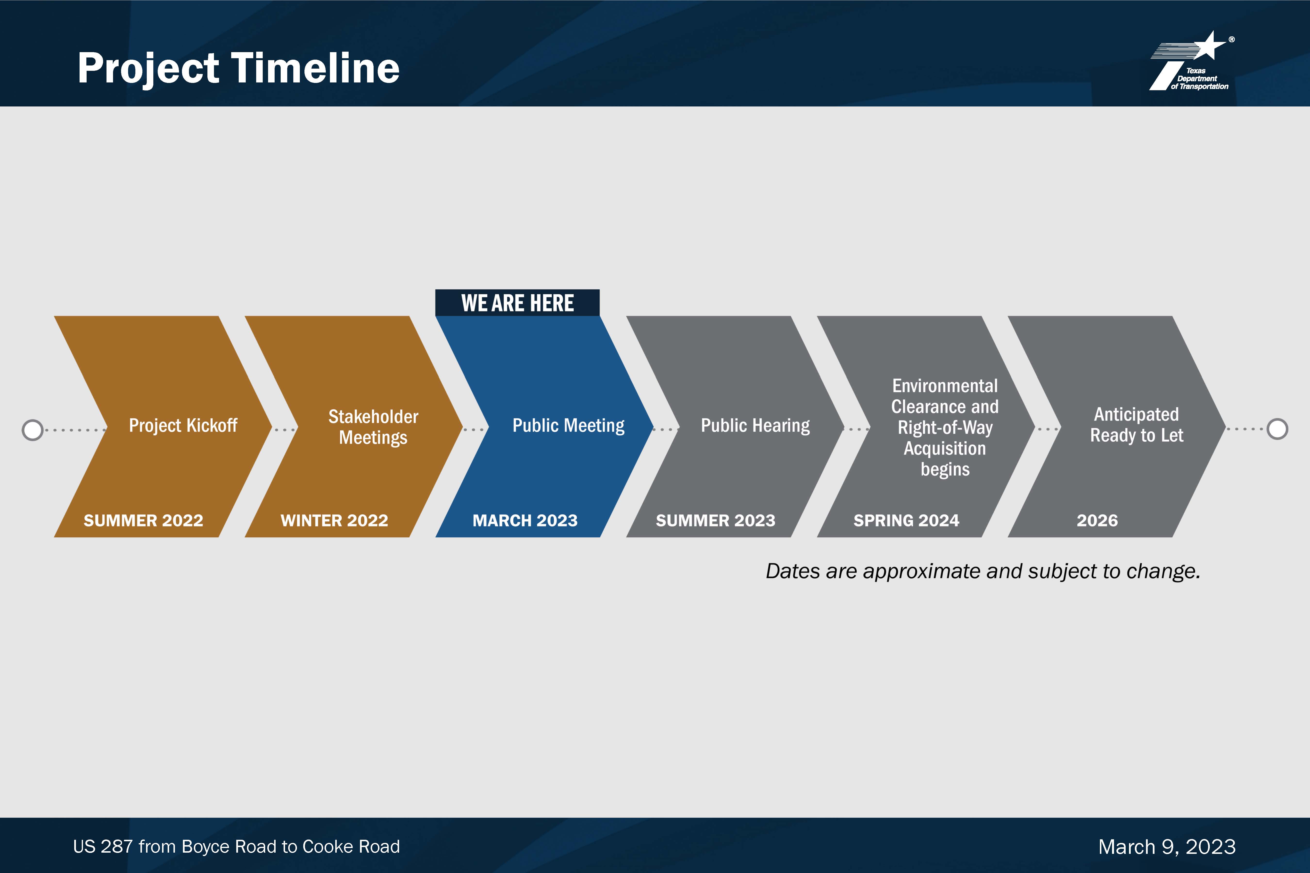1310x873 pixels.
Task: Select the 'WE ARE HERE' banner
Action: (517, 303)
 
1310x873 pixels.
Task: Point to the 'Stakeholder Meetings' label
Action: (373, 427)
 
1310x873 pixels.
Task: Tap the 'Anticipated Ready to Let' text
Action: (1136, 425)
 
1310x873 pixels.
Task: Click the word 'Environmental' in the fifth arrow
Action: (945, 386)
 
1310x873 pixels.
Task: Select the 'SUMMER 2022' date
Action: (143, 521)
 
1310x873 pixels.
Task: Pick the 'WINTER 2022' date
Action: (334, 521)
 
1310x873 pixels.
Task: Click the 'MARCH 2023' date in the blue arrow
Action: (525, 521)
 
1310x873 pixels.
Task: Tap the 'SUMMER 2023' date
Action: (716, 521)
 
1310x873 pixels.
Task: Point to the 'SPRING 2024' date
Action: (907, 521)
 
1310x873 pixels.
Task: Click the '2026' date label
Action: (1097, 521)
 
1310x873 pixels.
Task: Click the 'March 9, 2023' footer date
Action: (1167, 847)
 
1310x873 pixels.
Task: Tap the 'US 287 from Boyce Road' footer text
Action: (236, 847)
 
